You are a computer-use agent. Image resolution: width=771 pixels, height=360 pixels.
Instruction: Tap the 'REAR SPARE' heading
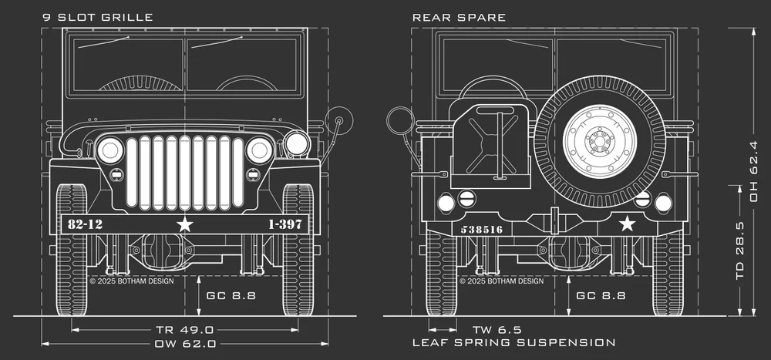(x=459, y=17)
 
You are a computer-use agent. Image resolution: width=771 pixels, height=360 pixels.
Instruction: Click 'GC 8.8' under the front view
(x=231, y=295)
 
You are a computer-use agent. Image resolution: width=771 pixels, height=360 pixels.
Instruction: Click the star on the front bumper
(x=184, y=224)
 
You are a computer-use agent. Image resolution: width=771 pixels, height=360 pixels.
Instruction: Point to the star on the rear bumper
(x=628, y=224)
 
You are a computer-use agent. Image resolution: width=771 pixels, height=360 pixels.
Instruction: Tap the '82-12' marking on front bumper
(x=85, y=224)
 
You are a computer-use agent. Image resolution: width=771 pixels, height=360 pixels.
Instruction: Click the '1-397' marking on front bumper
(x=284, y=224)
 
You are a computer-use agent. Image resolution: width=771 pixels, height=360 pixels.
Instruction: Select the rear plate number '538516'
(x=481, y=229)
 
